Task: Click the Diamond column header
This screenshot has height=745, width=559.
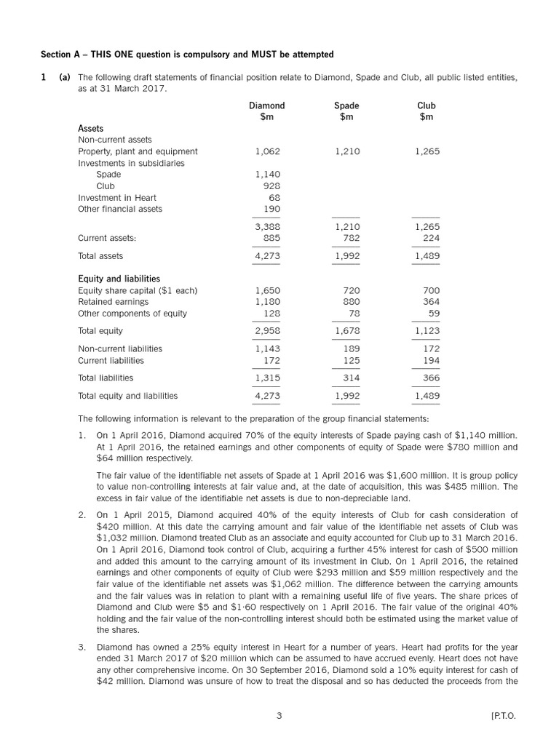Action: [267, 105]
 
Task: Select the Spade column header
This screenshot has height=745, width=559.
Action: [346, 105]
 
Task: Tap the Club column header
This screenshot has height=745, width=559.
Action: [427, 105]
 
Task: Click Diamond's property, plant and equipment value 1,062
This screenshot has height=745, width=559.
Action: [268, 151]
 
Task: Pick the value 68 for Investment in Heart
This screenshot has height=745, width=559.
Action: [274, 197]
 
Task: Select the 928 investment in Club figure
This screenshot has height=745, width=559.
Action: [271, 186]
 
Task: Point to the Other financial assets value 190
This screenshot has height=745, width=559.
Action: [271, 209]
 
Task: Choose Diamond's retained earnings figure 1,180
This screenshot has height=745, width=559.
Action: [268, 301]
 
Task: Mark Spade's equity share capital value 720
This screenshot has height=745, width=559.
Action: [351, 290]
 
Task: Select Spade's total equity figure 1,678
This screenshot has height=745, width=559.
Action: [347, 330]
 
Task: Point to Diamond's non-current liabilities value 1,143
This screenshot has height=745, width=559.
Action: [268, 348]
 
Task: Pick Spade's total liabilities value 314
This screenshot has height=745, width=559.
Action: [351, 378]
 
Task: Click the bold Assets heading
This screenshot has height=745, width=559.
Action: [90, 128]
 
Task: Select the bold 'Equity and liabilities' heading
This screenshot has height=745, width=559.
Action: [119, 279]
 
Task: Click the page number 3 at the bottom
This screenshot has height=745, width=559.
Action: [279, 716]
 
